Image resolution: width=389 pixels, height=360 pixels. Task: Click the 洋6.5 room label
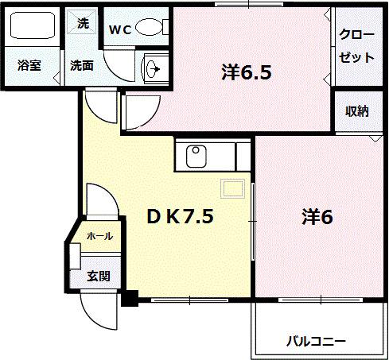(x=247, y=73)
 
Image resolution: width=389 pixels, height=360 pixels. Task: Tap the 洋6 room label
(x=316, y=216)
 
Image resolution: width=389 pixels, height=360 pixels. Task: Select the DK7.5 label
(x=179, y=216)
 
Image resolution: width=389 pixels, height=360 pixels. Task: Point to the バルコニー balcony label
(x=316, y=342)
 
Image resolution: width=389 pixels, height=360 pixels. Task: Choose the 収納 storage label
(x=356, y=111)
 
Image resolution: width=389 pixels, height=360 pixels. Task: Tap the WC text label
(x=120, y=30)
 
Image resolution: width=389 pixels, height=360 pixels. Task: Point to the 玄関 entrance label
(x=99, y=276)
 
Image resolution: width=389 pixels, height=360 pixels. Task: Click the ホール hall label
(x=99, y=236)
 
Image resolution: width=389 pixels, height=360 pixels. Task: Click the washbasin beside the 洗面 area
(x=152, y=69)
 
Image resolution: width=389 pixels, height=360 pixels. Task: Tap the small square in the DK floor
(x=232, y=189)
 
